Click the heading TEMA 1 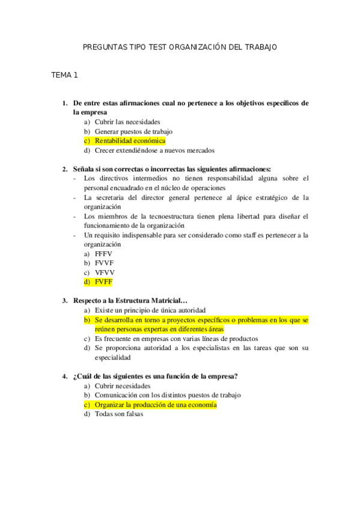click(65, 75)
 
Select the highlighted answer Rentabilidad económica click(130, 141)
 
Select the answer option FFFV click(103, 254)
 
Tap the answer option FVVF click(103, 263)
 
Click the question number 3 click(65, 301)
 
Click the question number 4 click(65, 376)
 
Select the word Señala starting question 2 click(84, 169)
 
